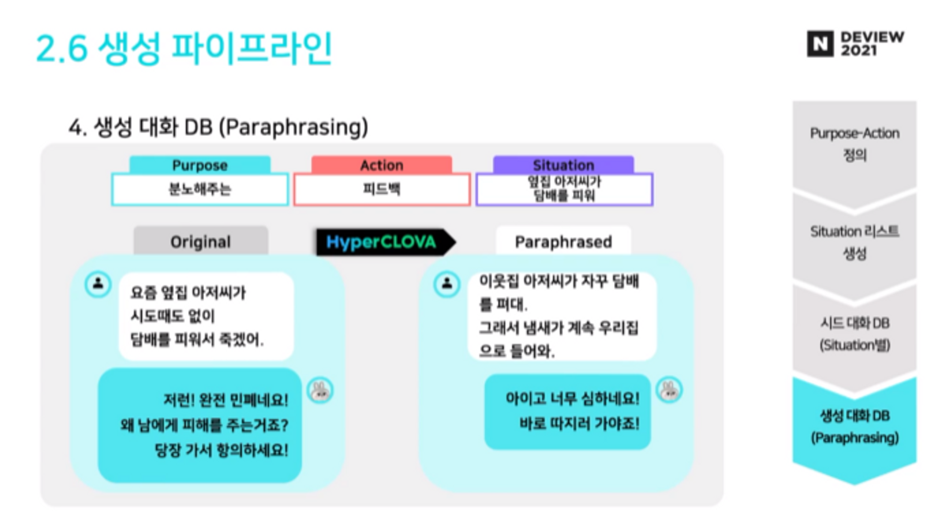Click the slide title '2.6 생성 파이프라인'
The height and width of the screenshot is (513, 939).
184,48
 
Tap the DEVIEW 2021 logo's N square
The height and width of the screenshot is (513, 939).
820,44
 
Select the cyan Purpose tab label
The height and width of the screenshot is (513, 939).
200,165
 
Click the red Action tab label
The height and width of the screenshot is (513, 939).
382,165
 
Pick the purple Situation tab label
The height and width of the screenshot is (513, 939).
563,165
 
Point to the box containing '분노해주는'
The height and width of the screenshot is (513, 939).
200,189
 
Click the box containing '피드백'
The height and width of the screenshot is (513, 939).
382,189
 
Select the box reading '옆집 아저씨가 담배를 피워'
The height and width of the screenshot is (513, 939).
564,189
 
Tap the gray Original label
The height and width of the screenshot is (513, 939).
200,242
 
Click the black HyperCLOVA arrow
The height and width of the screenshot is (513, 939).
383,242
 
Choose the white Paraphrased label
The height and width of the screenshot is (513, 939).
563,242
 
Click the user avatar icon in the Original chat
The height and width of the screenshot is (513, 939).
98,284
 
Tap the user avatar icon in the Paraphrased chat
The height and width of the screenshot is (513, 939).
446,284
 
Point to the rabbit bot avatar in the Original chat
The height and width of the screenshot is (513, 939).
320,390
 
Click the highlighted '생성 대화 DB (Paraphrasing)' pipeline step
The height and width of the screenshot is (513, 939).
854,427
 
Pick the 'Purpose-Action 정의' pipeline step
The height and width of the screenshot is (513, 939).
854,144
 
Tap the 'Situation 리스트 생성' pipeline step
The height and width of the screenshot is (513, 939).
854,242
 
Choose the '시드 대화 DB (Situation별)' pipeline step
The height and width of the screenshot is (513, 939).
854,334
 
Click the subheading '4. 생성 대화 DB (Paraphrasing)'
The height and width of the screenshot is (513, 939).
218,127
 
